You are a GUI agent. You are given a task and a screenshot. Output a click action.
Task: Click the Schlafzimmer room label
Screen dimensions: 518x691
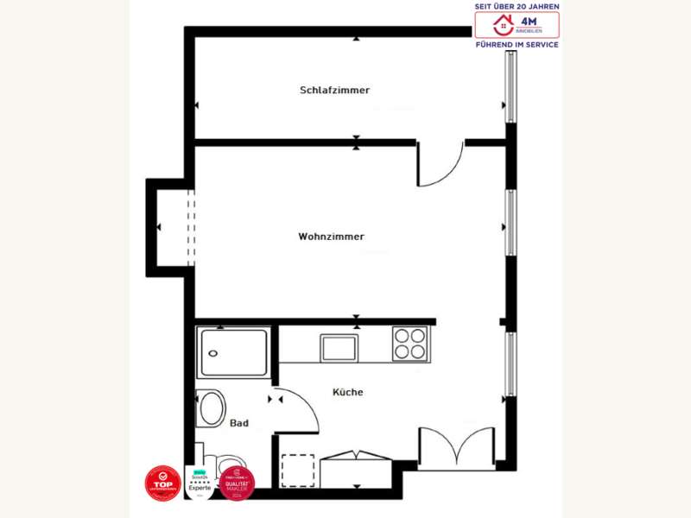pos(335,90)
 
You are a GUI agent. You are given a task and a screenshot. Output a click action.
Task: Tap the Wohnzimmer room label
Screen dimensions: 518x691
pos(331,237)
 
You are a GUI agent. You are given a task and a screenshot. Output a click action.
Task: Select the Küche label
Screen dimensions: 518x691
pos(348,392)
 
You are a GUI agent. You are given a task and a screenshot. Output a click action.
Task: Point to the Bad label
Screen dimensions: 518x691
pos(239,423)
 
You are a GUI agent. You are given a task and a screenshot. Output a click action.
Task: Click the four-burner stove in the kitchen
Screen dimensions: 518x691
pos(410,344)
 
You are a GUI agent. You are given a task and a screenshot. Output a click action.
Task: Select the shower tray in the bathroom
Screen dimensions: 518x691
pos(233,353)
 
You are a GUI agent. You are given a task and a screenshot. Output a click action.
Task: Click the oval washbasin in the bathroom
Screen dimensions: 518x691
pos(210,408)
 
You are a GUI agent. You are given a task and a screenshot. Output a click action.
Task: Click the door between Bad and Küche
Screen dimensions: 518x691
pos(298,410)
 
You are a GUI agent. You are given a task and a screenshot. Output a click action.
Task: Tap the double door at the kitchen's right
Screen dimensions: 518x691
pos(456,447)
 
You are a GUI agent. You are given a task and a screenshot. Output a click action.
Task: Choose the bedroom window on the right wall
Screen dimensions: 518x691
pos(510,86)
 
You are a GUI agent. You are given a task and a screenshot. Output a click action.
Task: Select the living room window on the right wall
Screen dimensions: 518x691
pos(510,223)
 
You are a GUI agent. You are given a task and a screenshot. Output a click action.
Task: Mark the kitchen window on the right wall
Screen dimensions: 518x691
pos(510,363)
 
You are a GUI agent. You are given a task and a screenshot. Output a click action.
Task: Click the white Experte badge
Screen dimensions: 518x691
pos(200,483)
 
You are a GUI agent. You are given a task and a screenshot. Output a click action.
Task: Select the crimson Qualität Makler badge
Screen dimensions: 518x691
pos(237,483)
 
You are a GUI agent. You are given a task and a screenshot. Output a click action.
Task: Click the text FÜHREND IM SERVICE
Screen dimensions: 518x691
pos(517,44)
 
